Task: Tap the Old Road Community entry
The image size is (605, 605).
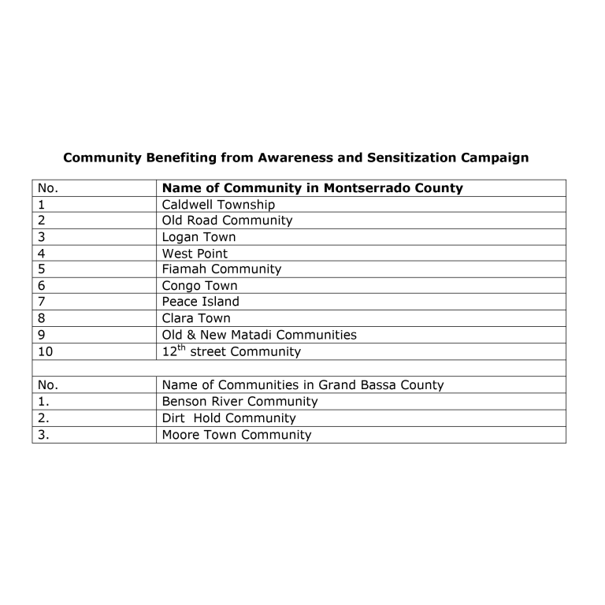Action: pyautogui.click(x=227, y=221)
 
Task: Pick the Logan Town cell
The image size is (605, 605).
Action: pyautogui.click(x=199, y=237)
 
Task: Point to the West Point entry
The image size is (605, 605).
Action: pyautogui.click(x=195, y=254)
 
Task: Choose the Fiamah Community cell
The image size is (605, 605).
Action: pyautogui.click(x=221, y=269)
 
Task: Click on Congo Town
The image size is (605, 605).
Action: pyautogui.click(x=199, y=286)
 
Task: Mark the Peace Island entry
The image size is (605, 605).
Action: pyautogui.click(x=201, y=302)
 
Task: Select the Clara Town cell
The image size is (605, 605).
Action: pyautogui.click(x=196, y=318)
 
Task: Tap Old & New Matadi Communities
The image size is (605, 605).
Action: pyautogui.click(x=259, y=335)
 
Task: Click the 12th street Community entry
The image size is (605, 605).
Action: pyautogui.click(x=231, y=351)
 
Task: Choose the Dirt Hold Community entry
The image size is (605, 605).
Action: pyautogui.click(x=228, y=418)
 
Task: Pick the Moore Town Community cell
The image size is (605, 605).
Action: pyautogui.click(x=236, y=435)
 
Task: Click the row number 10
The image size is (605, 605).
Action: pyautogui.click(x=45, y=352)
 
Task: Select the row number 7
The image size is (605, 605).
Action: pyautogui.click(x=41, y=302)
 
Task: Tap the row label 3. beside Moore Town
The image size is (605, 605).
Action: pyautogui.click(x=43, y=435)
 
